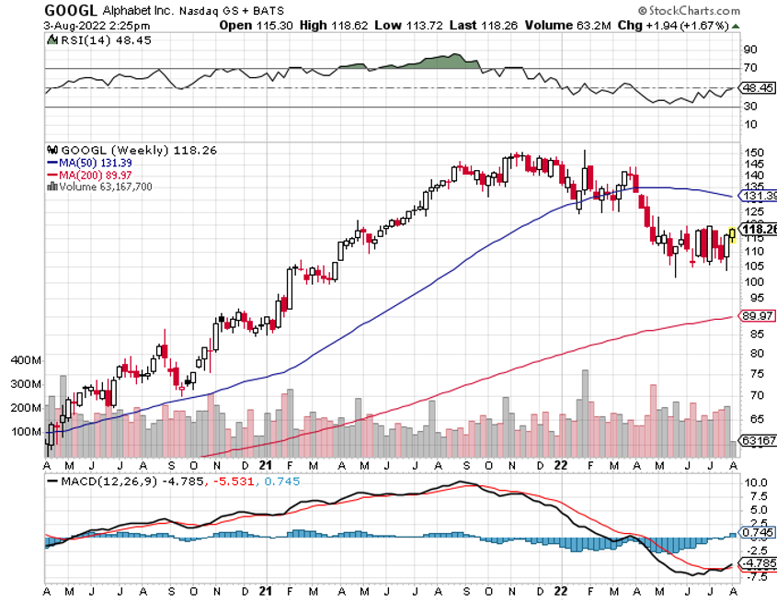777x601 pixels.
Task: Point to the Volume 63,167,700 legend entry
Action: [105, 186]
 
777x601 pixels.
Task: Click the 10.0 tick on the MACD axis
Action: [756, 482]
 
